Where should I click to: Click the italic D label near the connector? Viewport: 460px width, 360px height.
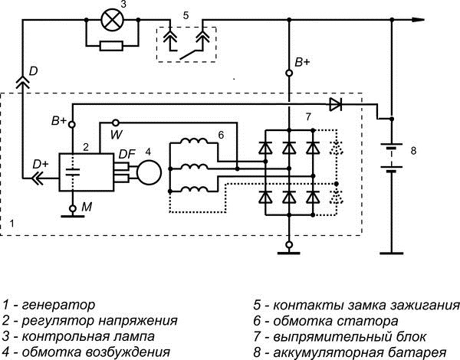click(x=32, y=70)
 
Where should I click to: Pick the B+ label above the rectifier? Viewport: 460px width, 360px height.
click(x=303, y=61)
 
